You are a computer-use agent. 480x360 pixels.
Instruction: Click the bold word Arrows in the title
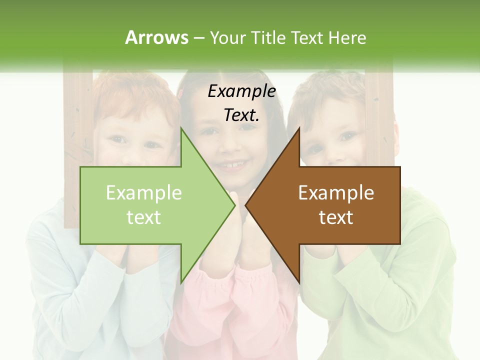[156, 37]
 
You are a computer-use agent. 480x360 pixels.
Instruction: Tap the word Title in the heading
[267, 37]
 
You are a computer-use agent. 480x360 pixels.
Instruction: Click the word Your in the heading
[228, 38]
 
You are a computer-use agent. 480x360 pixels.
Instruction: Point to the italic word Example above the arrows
[242, 91]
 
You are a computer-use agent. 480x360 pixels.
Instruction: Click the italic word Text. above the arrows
[242, 115]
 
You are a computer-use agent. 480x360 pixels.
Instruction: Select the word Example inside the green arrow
[144, 193]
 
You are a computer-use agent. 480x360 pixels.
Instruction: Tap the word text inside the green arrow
[144, 217]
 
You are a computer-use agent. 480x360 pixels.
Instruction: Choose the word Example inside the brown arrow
[336, 193]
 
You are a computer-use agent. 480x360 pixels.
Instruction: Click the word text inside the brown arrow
[336, 217]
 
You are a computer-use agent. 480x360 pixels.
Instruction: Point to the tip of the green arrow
[234, 205]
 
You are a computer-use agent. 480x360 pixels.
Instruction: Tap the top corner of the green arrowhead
[181, 128]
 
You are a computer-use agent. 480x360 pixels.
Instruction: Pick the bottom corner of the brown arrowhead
[299, 283]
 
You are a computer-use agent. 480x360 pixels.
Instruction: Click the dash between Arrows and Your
[198, 38]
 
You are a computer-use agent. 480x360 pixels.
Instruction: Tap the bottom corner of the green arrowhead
[181, 283]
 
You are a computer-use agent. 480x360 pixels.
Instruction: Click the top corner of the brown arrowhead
[299, 128]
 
